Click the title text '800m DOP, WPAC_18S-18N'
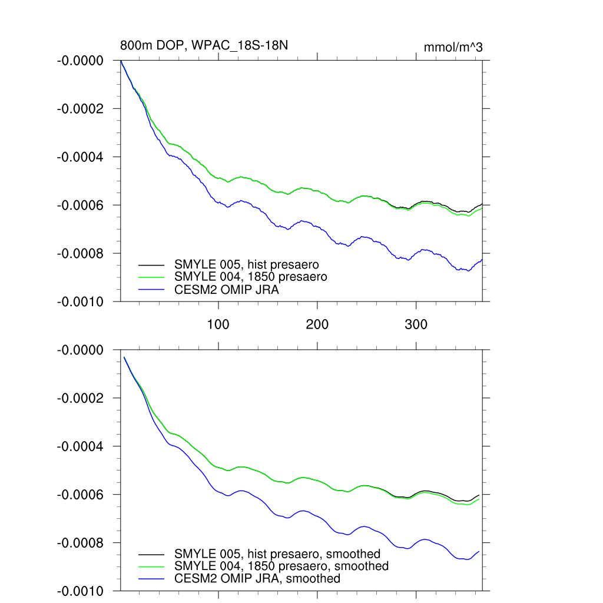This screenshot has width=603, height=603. (204, 45)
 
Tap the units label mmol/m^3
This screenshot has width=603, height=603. (453, 47)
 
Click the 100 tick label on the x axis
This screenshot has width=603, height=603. (218, 324)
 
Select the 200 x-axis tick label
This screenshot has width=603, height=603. (317, 324)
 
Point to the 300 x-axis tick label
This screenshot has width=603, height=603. (416, 324)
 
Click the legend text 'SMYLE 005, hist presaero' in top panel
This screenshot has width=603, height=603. (250, 264)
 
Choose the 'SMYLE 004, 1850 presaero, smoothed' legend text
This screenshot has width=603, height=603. (281, 566)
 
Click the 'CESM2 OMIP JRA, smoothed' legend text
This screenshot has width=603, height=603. (257, 578)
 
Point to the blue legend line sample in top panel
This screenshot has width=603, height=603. (151, 289)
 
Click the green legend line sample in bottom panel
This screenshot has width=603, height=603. (151, 566)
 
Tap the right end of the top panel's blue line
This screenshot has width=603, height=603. (482, 259)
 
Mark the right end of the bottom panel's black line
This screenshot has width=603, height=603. (479, 495)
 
